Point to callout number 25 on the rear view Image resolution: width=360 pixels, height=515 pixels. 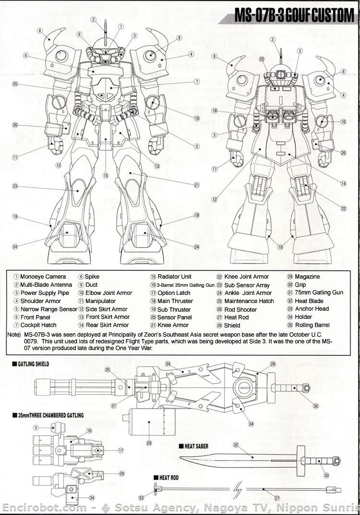[x=262, y=59]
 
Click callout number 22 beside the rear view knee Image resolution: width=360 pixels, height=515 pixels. [x=343, y=208]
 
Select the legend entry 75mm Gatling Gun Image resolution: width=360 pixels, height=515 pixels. [x=318, y=293]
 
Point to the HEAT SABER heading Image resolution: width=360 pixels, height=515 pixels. [x=197, y=446]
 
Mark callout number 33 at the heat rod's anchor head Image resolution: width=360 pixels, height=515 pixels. [x=141, y=498]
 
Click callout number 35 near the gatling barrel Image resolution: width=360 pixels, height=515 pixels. [x=108, y=370]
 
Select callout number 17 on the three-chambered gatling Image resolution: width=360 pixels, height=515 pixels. [x=121, y=450]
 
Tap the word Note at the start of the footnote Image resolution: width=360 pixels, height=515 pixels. [x=13, y=334]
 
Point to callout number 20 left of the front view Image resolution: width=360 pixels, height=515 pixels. [x=15, y=84]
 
